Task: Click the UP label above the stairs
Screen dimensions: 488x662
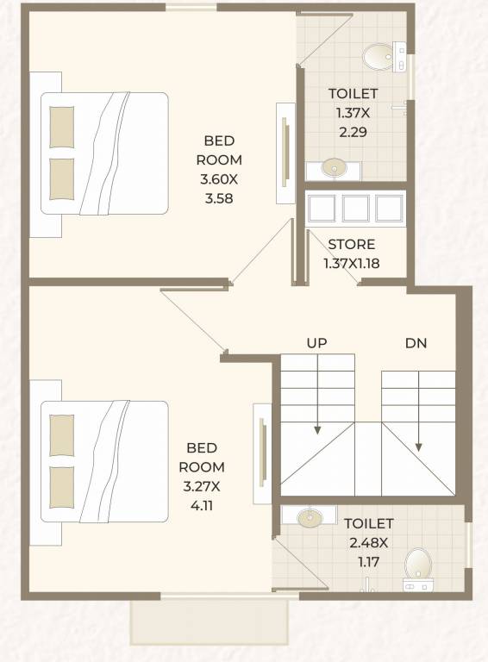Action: pyautogui.click(x=316, y=343)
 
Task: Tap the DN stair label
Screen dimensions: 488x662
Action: pyautogui.click(x=416, y=343)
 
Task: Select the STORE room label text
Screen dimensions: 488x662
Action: pyautogui.click(x=352, y=245)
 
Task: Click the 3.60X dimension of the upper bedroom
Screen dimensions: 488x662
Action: pyautogui.click(x=219, y=179)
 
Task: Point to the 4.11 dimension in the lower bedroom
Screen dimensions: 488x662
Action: pyautogui.click(x=202, y=505)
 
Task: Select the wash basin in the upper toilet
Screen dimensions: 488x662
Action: pyautogui.click(x=334, y=167)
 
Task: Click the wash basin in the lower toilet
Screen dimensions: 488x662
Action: pyautogui.click(x=309, y=517)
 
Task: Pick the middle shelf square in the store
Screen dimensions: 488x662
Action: pyautogui.click(x=355, y=208)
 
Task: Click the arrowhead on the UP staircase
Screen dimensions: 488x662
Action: pyautogui.click(x=317, y=430)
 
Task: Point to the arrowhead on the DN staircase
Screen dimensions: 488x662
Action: pyautogui.click(x=418, y=447)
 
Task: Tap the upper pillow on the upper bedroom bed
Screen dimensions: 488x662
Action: pyautogui.click(x=61, y=127)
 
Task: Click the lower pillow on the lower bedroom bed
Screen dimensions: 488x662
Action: pyautogui.click(x=61, y=487)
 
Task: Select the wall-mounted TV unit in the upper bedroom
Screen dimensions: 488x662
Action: pyautogui.click(x=286, y=153)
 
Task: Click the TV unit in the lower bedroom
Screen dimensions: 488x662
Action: pyautogui.click(x=263, y=453)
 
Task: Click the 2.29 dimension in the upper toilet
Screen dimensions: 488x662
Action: pyautogui.click(x=353, y=132)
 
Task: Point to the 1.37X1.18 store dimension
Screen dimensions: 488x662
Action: pyautogui.click(x=352, y=264)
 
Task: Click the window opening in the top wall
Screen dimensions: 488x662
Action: pyautogui.click(x=191, y=7)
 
